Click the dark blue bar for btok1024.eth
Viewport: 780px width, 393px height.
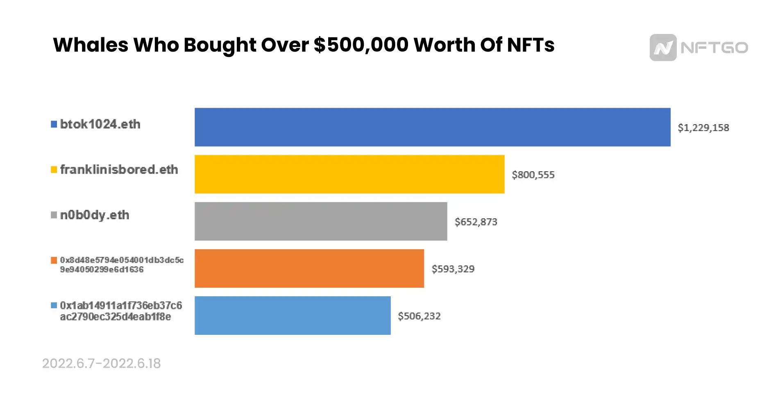point(432,127)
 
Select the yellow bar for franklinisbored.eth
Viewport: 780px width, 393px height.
point(349,174)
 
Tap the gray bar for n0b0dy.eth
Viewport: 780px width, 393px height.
point(320,221)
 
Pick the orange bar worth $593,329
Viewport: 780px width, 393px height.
point(309,268)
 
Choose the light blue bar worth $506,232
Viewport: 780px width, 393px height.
point(292,316)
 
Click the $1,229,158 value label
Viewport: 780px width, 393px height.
point(703,128)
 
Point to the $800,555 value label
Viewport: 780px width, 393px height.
point(533,175)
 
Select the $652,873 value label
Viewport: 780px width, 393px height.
point(476,222)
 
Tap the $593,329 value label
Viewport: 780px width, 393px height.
point(453,269)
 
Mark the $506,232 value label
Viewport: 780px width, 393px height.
point(419,316)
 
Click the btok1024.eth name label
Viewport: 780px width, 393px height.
point(100,124)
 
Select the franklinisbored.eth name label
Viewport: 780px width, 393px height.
point(119,170)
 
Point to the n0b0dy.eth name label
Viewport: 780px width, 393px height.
point(95,215)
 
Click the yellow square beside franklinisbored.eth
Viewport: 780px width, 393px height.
point(54,170)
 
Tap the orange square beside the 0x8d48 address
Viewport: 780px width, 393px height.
point(54,260)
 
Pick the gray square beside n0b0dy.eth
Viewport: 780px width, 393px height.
point(54,215)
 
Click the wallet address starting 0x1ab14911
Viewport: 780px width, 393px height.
point(120,311)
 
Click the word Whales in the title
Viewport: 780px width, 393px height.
point(91,45)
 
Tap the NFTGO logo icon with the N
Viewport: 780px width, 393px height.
point(662,48)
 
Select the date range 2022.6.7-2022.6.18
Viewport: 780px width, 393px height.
point(101,363)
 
